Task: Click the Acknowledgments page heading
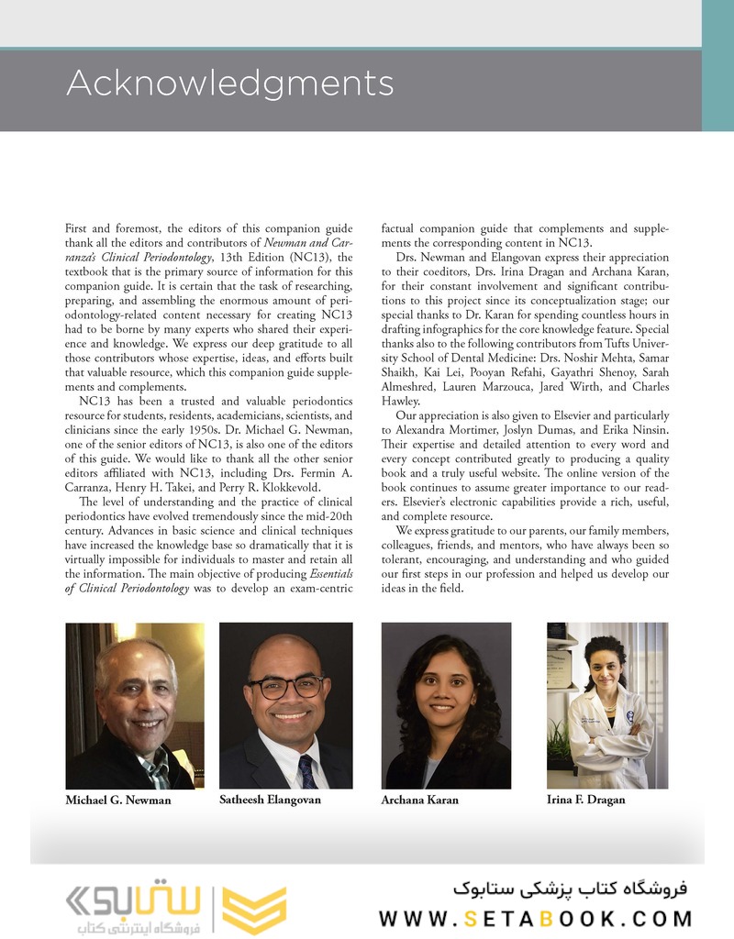[x=229, y=83]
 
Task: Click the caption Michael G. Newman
[x=118, y=800]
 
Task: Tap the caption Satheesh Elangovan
[x=270, y=800]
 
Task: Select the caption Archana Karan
[x=419, y=800]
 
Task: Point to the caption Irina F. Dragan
[x=585, y=800]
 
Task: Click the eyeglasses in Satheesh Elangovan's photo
[x=285, y=686]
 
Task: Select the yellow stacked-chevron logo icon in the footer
[x=243, y=909]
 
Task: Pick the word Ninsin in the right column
[x=649, y=429]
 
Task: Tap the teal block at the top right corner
[x=717, y=64]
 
